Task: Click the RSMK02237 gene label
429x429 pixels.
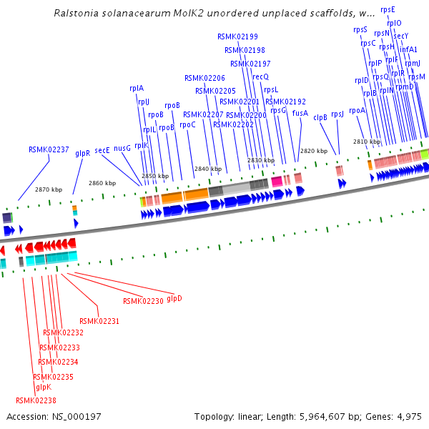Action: pos(49,149)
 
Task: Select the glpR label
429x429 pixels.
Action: pos(82,153)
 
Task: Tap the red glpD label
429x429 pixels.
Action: pos(174,298)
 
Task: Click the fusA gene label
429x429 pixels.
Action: pos(300,113)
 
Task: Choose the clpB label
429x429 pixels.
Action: pos(320,117)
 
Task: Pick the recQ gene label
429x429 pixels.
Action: pos(260,76)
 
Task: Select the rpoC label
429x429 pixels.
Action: pos(187,124)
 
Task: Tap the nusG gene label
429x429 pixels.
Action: pos(122,148)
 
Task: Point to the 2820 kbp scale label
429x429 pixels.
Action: pos(313,151)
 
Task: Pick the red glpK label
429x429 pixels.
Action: pos(43,387)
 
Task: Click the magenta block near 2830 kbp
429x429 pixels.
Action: pos(276,182)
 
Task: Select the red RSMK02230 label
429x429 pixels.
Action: pos(143,301)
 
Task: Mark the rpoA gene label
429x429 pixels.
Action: pos(357,110)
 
